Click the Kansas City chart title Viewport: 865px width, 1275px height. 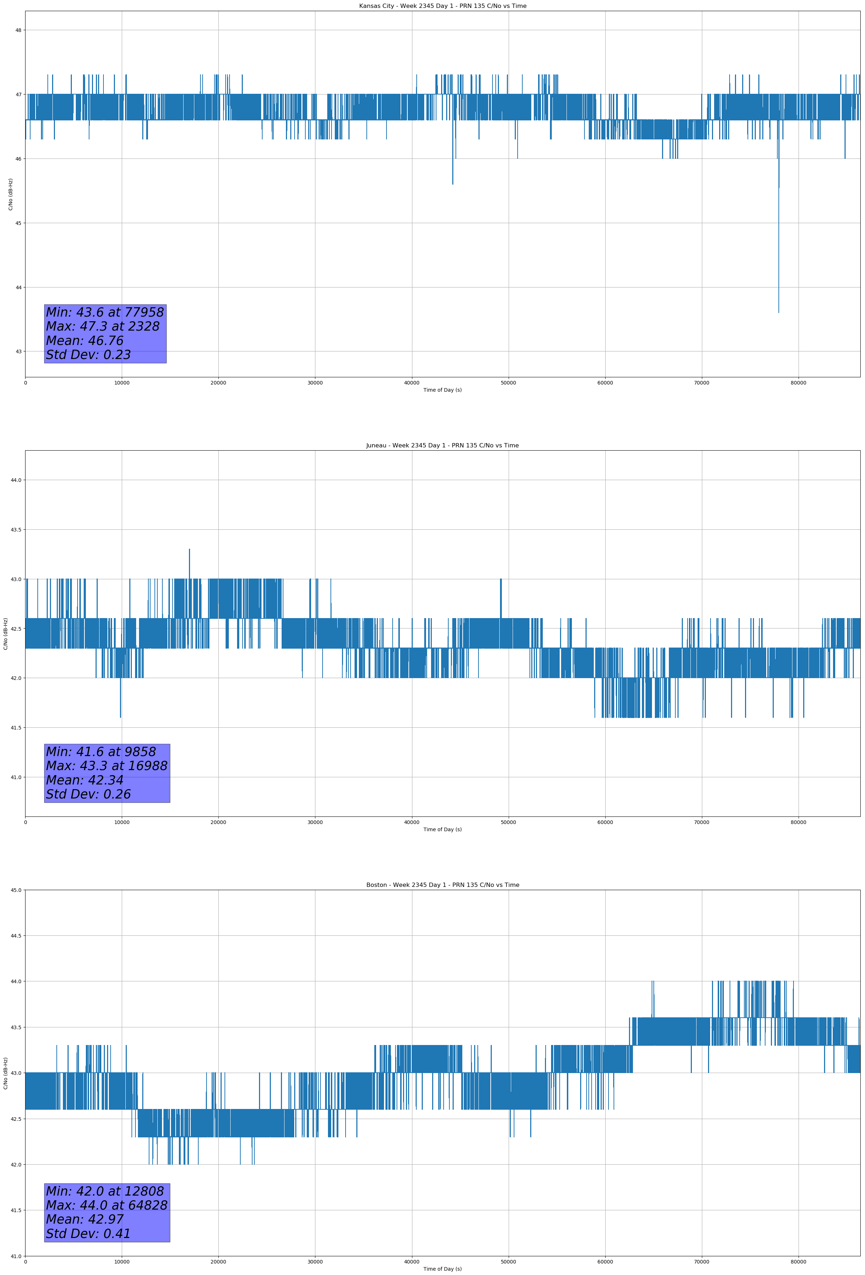coord(442,6)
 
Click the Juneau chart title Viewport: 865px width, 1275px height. coord(442,446)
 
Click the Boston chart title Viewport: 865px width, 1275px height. coord(442,885)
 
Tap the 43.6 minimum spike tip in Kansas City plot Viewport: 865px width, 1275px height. coord(778,312)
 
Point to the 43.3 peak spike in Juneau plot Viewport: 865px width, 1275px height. coord(189,550)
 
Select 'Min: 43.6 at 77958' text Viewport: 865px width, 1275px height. coord(105,312)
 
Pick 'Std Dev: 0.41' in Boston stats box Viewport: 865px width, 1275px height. coord(88,1234)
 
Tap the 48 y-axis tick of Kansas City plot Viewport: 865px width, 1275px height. coord(18,30)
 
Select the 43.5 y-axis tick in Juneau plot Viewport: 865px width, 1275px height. coord(16,529)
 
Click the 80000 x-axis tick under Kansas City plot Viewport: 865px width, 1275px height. coord(798,383)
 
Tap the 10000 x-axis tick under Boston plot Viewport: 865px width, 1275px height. coord(122,1262)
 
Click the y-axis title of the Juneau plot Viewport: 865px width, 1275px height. coord(5,634)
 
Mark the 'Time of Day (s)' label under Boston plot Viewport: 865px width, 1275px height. coord(442,1269)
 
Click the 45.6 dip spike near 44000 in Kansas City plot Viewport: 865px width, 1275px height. coord(453,183)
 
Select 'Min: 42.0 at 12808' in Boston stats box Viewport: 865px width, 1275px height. coord(105,1191)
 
